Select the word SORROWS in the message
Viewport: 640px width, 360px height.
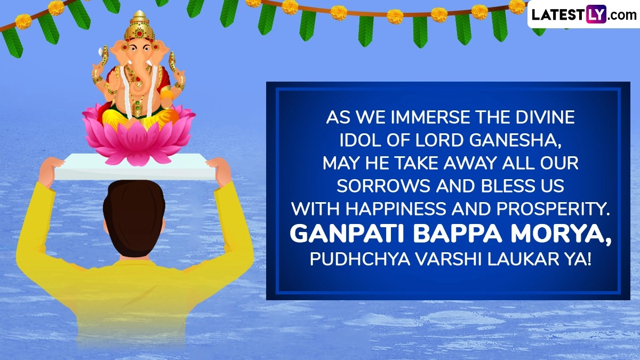pos(383,186)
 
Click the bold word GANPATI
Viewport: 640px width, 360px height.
pos(349,234)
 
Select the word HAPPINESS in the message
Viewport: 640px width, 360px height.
pos(396,209)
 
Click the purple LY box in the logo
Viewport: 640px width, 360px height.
pos(596,14)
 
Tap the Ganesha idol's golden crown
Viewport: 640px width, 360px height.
pos(139,25)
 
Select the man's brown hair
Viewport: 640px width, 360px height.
pos(134,217)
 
